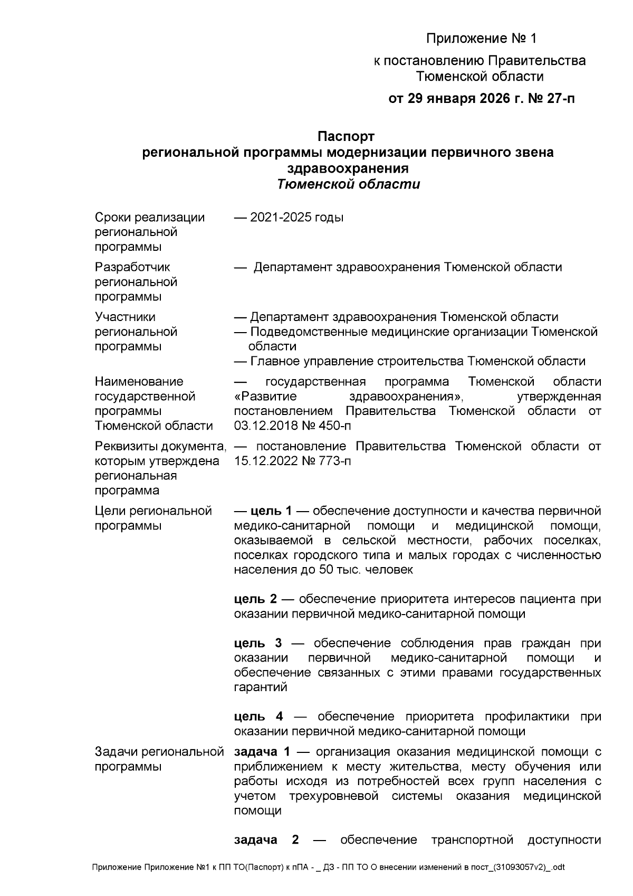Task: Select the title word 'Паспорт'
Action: [x=346, y=137]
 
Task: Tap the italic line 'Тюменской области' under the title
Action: [x=348, y=184]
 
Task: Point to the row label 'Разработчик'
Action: [x=132, y=267]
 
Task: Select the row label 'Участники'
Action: [x=125, y=317]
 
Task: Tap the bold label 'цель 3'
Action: [x=258, y=643]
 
